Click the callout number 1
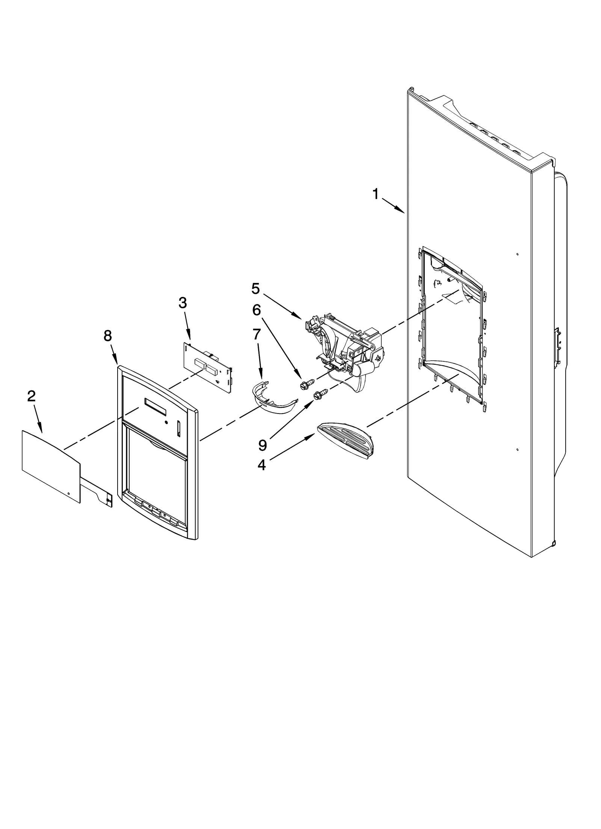click(375, 194)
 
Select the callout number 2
click(31, 396)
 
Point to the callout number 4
click(261, 465)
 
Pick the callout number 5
click(255, 289)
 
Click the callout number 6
click(256, 310)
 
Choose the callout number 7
click(257, 334)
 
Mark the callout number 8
click(108, 336)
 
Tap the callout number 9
click(263, 445)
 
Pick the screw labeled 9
click(322, 394)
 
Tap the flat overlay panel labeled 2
click(51, 465)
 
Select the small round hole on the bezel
click(166, 423)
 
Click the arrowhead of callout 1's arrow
click(403, 212)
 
